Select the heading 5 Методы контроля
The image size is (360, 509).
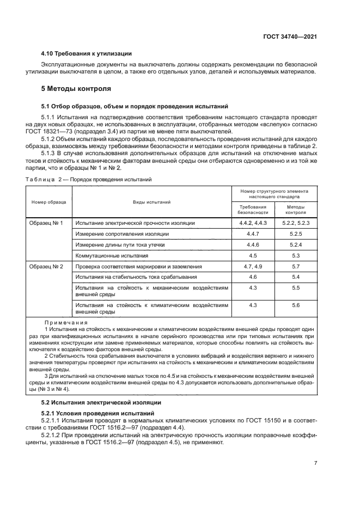[x=76, y=88]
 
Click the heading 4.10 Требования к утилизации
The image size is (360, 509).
[x=86, y=53]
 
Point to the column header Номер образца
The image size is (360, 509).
[x=49, y=202]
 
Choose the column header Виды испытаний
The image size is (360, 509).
[x=152, y=202]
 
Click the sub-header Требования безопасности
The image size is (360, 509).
[x=253, y=210]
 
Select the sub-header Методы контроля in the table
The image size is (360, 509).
[x=296, y=210]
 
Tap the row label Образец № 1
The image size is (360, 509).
[x=47, y=223]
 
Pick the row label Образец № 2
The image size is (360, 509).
[x=47, y=266]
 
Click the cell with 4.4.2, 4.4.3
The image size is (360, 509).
[x=253, y=223]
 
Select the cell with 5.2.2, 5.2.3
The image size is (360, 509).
[x=296, y=223]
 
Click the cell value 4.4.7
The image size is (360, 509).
[x=253, y=234]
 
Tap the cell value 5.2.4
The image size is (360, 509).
[x=296, y=244]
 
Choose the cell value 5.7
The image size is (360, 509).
[x=296, y=266]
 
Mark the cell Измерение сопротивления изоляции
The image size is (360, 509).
[x=122, y=234]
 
